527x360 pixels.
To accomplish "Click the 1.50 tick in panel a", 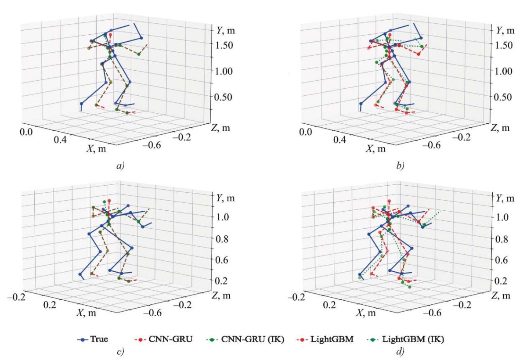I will point(223,45).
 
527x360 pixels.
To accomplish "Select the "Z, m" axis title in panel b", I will point(500,127).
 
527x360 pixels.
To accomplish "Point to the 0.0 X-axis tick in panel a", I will point(30,132).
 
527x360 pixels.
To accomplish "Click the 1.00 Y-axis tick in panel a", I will point(223,71).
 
